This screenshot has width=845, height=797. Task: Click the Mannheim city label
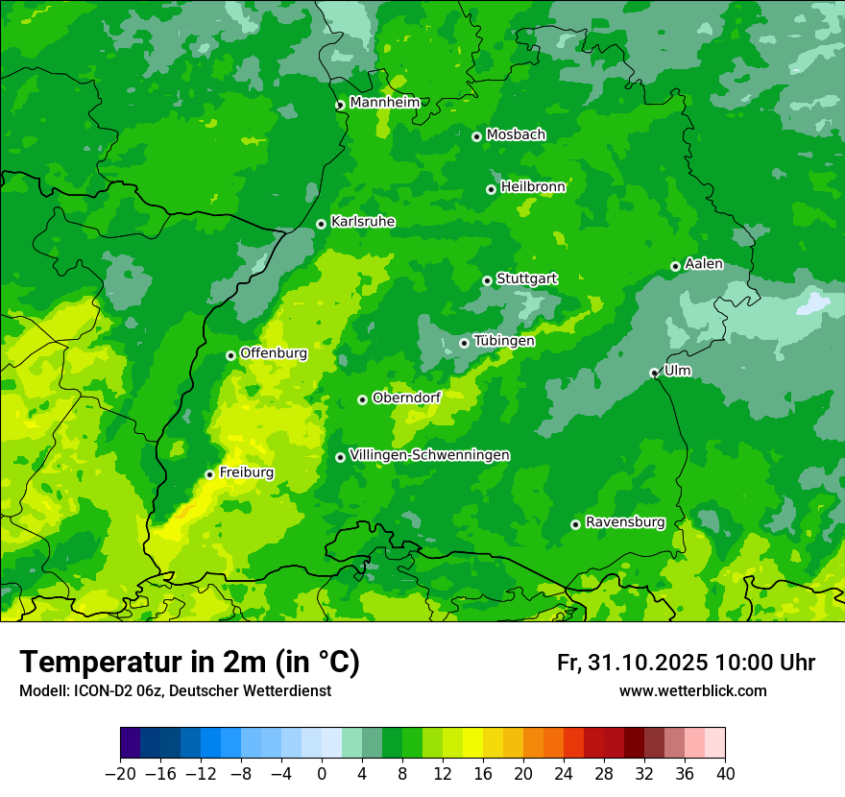[384, 103]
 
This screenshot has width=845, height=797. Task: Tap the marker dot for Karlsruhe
[322, 224]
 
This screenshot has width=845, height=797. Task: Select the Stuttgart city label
[526, 278]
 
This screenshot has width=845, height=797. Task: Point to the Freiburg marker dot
[209, 474]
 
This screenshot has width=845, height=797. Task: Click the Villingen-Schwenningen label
[429, 455]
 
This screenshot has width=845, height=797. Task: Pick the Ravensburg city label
[624, 522]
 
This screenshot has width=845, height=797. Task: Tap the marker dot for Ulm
[654, 373]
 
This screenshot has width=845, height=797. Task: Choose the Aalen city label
[703, 264]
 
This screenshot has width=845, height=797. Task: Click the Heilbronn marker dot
[491, 189]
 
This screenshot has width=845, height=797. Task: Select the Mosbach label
[515, 134]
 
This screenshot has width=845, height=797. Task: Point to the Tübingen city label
[503, 341]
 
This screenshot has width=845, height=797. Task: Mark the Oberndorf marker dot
[362, 399]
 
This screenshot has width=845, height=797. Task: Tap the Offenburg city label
[273, 353]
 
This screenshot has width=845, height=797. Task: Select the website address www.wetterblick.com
[692, 690]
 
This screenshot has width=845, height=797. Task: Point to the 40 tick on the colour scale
[725, 774]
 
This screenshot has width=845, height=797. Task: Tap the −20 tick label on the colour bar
[120, 774]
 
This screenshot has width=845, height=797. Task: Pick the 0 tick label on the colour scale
[322, 774]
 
